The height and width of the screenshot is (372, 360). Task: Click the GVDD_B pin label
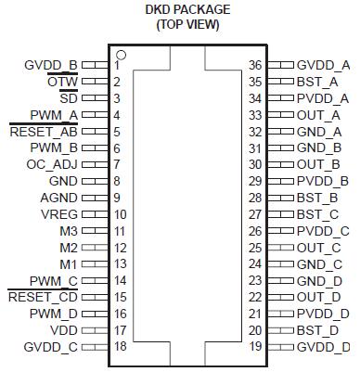[52, 65]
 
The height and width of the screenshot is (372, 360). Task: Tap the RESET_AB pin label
[43, 132]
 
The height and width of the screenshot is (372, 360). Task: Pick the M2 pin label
[70, 248]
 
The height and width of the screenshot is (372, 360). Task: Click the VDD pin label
[64, 330]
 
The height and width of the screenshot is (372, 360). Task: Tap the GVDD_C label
[52, 347]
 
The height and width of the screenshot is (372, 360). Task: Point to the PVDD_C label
[323, 231]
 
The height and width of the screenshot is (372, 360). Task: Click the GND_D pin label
[322, 280]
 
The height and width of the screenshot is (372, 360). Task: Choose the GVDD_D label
[324, 347]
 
